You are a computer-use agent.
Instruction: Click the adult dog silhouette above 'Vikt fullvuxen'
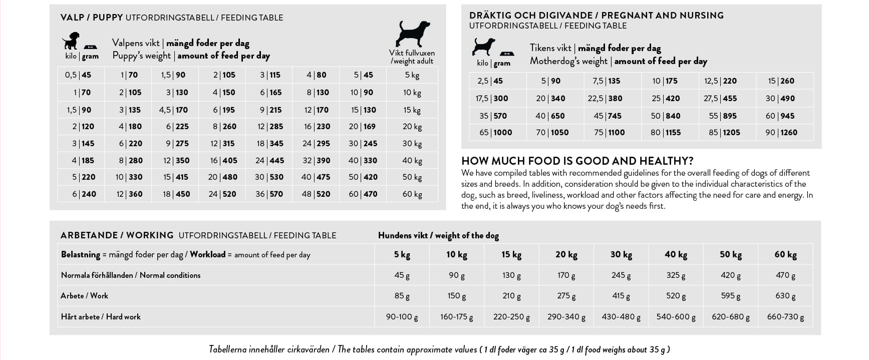point(412,34)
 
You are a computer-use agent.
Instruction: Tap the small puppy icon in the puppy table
point(71,41)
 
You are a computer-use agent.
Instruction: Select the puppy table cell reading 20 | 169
point(362,127)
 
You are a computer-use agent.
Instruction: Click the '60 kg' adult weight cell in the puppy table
point(412,194)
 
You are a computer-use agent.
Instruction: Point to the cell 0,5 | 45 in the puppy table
point(78,75)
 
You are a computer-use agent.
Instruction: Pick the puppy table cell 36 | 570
point(269,194)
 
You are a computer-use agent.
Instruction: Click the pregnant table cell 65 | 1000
point(495,133)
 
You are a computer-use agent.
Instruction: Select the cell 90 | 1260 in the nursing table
point(781,133)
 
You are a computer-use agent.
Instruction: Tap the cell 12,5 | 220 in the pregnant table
point(720,81)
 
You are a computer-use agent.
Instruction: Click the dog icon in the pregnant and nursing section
point(483,47)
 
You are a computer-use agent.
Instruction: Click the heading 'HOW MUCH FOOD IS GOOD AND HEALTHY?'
point(577,161)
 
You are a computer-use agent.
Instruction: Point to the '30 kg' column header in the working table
point(621,255)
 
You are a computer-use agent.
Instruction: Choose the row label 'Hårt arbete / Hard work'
point(101,317)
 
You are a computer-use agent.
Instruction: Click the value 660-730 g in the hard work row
point(785,317)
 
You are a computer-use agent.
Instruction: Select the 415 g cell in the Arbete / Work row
point(621,296)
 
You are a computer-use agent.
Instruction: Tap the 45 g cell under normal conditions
point(402,275)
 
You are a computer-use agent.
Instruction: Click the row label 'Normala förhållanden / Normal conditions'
point(130,275)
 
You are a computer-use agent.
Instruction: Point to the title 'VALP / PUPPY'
point(92,18)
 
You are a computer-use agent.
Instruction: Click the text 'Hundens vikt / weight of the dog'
point(438,235)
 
